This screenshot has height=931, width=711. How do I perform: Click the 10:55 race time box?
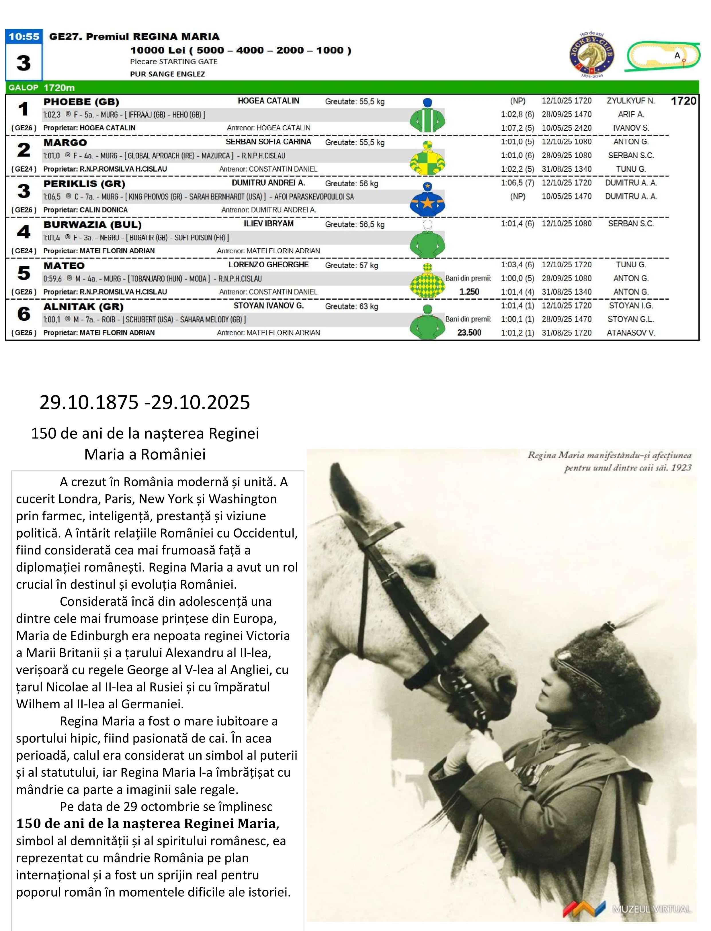coord(24,36)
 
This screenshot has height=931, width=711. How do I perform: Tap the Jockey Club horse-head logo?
coord(592,55)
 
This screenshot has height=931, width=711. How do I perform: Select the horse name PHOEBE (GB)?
coord(81,101)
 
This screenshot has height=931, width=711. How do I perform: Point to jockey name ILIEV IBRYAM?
coord(268,224)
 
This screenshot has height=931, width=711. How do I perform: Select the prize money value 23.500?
coord(469,332)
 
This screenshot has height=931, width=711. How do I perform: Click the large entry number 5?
coord(24,273)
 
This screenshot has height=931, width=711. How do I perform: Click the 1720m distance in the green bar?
coord(59,88)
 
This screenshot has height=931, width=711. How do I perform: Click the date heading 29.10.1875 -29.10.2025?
coord(145,402)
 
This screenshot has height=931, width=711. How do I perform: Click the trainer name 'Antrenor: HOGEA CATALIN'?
coord(269,128)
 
